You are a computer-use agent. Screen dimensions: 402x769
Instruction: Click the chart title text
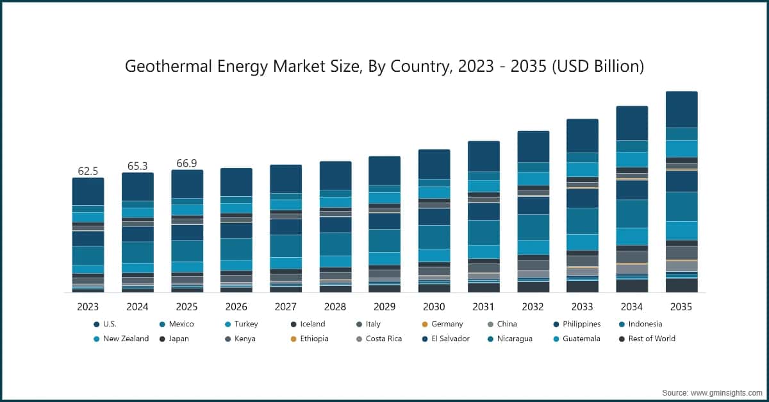[384, 66]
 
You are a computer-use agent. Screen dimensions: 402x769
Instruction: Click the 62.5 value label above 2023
[88, 171]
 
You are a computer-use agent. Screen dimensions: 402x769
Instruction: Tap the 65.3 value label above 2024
[137, 166]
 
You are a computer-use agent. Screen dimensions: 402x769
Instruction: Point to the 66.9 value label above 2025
[186, 163]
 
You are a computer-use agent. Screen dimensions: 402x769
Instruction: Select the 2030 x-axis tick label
[434, 307]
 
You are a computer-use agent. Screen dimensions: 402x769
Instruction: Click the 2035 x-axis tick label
[681, 307]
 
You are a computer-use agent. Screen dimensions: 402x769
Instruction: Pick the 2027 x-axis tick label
[285, 307]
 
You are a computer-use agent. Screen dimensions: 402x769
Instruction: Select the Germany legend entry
[442, 324]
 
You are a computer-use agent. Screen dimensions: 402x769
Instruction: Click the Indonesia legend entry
[640, 324]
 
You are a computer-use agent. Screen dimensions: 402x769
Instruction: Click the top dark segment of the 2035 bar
[681, 109]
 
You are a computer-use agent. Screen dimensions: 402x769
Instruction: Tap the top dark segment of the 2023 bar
[88, 191]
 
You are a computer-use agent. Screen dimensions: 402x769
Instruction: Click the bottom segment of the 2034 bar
[632, 286]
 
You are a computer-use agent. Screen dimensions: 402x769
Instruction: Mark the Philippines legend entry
[576, 324]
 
